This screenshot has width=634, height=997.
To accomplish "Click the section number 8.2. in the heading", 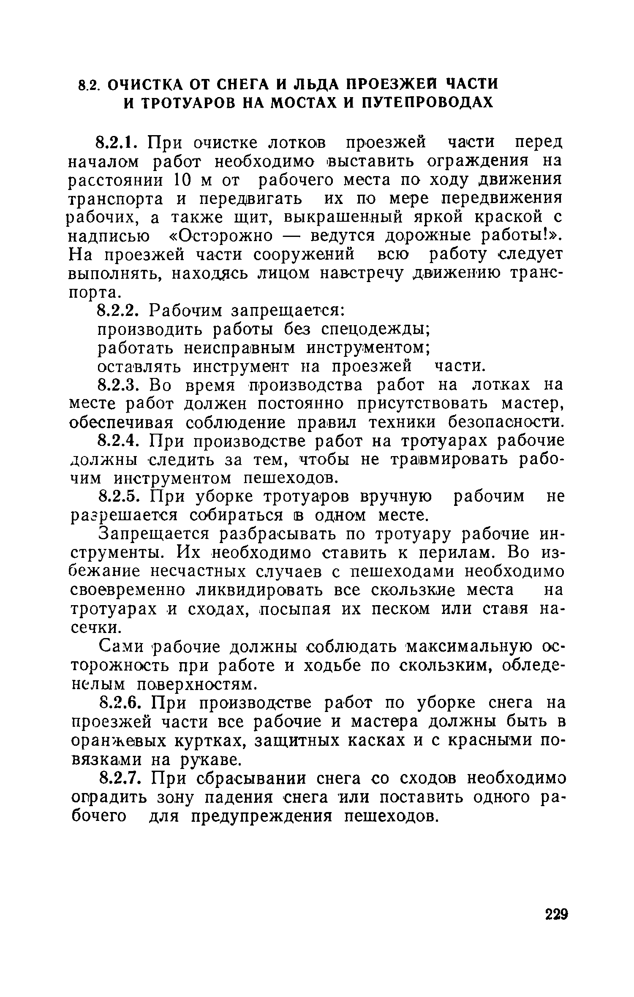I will [90, 85].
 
